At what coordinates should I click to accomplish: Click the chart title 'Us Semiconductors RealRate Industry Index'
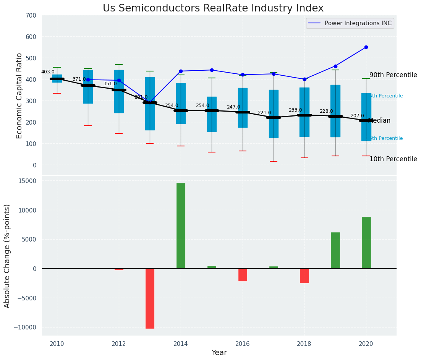(213, 8)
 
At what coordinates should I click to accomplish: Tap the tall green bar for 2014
(181, 225)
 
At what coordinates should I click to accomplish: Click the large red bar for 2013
(150, 298)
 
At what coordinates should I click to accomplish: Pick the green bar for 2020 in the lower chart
(366, 243)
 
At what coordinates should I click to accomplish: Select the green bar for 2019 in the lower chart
(335, 250)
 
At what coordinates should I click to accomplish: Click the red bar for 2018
(304, 276)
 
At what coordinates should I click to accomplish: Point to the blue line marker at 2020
(366, 47)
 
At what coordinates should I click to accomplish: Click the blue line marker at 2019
(335, 66)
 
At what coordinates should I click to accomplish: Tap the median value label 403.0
(48, 72)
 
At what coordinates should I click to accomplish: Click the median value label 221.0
(264, 113)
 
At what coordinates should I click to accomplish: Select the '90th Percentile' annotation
(393, 75)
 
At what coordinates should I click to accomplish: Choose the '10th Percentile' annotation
(393, 159)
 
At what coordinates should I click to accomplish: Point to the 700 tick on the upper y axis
(31, 16)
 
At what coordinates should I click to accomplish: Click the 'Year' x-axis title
(219, 353)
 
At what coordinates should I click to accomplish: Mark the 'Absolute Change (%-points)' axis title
(7, 256)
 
